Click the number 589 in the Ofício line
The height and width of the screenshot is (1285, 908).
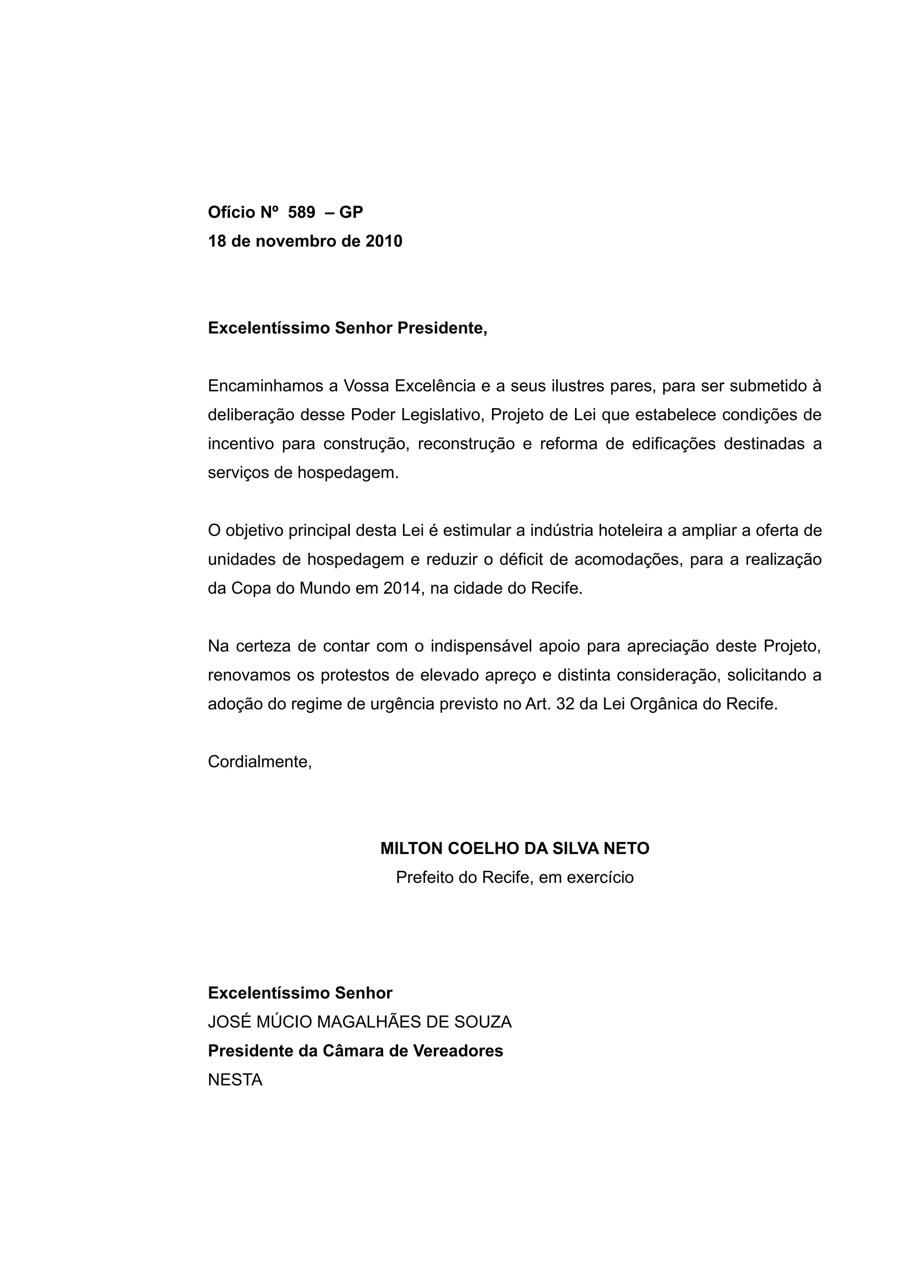point(301,213)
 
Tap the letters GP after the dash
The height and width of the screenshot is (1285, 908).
point(351,213)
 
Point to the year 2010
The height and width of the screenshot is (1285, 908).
point(384,242)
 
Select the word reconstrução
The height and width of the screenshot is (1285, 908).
point(466,444)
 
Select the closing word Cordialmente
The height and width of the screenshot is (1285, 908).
point(259,762)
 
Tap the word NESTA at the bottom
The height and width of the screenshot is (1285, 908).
point(235,1080)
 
